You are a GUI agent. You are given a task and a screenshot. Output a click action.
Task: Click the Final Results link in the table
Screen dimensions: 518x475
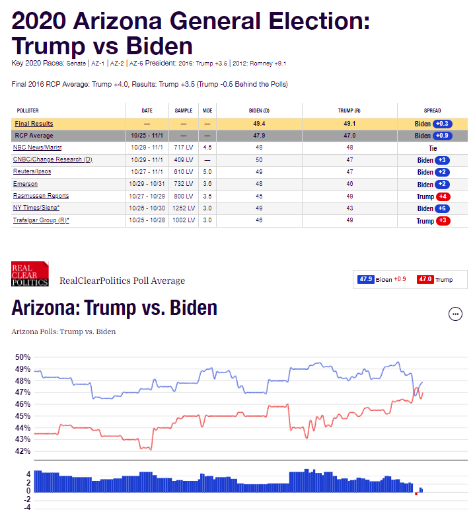(34, 124)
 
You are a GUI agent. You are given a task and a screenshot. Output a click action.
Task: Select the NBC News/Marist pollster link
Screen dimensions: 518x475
(37, 148)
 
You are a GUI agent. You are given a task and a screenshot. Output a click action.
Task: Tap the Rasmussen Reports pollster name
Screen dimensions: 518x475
(41, 196)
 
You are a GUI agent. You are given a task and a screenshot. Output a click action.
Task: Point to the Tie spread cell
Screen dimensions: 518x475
(433, 148)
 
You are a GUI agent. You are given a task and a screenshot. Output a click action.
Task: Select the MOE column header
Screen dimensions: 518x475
(207, 110)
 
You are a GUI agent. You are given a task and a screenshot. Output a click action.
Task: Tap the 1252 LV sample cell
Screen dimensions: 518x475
(184, 208)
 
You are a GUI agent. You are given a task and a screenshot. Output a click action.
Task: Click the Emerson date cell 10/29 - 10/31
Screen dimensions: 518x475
(148, 184)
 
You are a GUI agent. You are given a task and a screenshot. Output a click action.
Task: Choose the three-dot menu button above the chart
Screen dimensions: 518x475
(455, 314)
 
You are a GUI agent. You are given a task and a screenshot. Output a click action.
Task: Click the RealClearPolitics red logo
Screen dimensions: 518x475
(30, 274)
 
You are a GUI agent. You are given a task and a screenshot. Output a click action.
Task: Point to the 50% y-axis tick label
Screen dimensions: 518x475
(23, 357)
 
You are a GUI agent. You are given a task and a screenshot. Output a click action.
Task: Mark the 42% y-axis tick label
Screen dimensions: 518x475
(23, 451)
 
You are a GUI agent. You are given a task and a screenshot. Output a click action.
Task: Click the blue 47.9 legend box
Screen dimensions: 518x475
(366, 280)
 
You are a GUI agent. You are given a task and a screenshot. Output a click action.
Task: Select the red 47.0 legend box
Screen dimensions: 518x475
(425, 280)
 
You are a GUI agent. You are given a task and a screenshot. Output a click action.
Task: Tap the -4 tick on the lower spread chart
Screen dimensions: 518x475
(28, 507)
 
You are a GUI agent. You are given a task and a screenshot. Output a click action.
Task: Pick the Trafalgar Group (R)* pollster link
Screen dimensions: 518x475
(41, 220)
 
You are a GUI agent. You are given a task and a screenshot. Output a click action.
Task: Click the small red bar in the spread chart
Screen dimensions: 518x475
(416, 494)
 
